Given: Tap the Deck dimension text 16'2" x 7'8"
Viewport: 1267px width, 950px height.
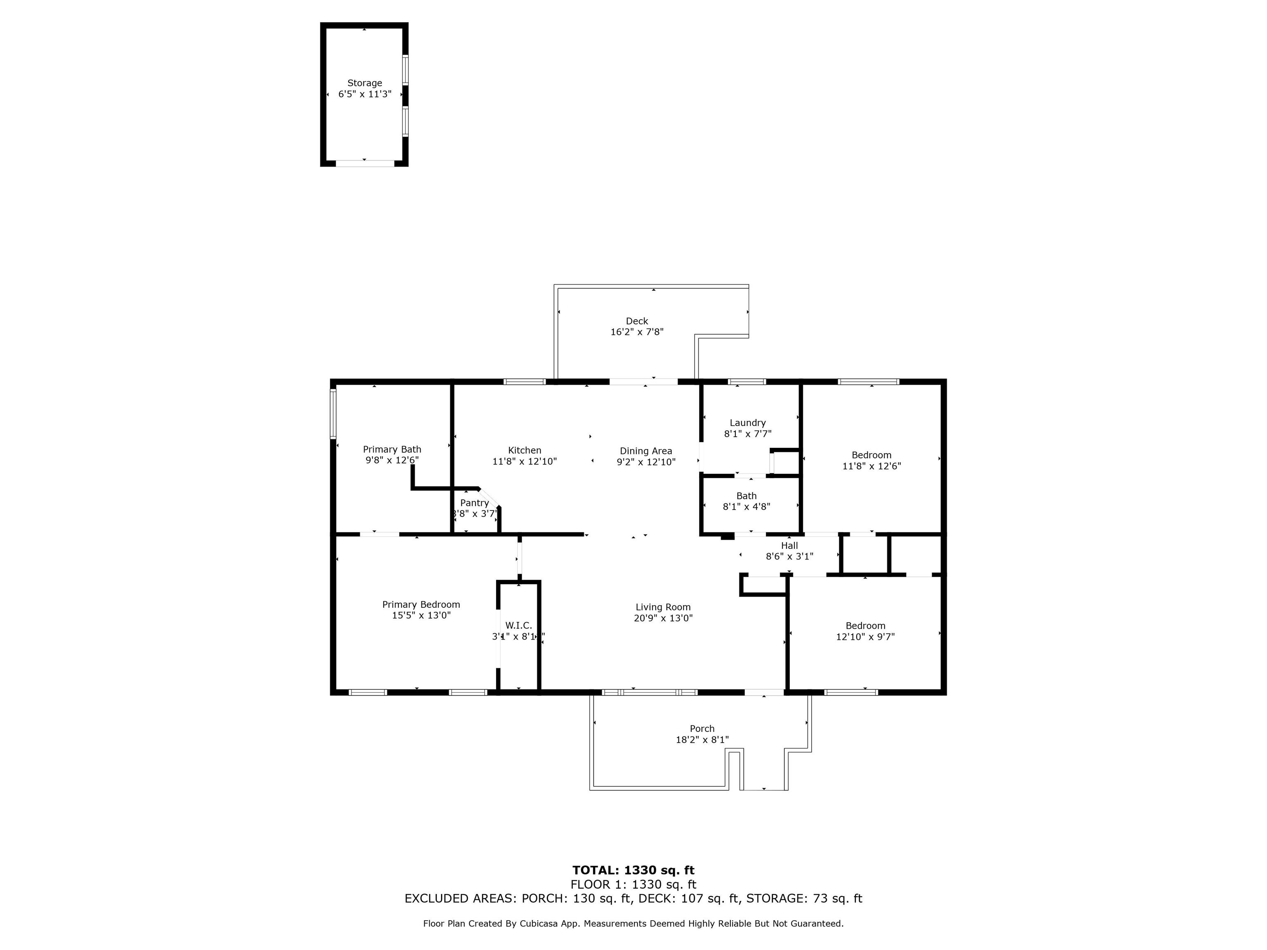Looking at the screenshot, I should coord(636,332).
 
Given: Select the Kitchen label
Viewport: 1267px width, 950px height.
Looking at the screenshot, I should coord(524,451).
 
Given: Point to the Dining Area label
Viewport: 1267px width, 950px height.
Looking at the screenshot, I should coord(645,451).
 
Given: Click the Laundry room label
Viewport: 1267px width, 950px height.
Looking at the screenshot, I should coord(747,423).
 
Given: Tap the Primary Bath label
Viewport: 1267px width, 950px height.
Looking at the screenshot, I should coord(392,449).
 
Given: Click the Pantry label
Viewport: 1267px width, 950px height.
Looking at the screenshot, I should coord(474,503).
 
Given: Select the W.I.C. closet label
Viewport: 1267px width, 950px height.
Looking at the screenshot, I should coord(518,626).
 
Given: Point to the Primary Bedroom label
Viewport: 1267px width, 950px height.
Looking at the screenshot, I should coord(421,605).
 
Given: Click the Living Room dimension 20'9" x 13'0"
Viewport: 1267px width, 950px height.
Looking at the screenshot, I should coord(663,618).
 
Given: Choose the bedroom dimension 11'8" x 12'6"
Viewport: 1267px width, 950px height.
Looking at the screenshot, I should coord(871,466).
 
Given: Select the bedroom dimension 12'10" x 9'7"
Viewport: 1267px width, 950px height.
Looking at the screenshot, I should coord(865,637).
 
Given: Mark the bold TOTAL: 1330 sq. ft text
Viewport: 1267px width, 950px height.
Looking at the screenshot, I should coord(633,870).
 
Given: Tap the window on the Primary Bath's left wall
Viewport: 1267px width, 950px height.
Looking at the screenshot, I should coord(333,414).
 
